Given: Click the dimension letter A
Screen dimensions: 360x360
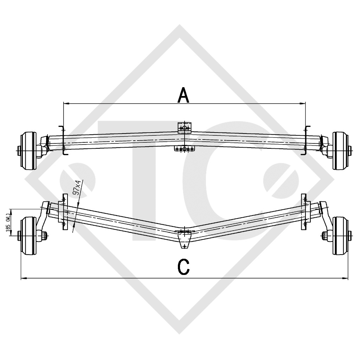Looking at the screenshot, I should tap(184, 96).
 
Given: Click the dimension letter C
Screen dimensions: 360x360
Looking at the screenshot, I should tap(184, 267).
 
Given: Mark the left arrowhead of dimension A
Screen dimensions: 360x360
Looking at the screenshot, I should tap(65, 103).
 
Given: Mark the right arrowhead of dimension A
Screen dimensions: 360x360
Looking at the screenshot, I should tap(303, 103).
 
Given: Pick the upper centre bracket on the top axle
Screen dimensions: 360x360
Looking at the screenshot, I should tap(184, 127).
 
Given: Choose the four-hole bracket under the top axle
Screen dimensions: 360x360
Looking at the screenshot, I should tap(184, 149).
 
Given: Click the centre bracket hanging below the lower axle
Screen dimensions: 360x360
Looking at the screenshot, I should tap(184, 241).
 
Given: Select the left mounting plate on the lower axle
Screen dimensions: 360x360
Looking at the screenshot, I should tap(64, 212).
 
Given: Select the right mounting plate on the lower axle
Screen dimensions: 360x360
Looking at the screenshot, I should tap(303, 212).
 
